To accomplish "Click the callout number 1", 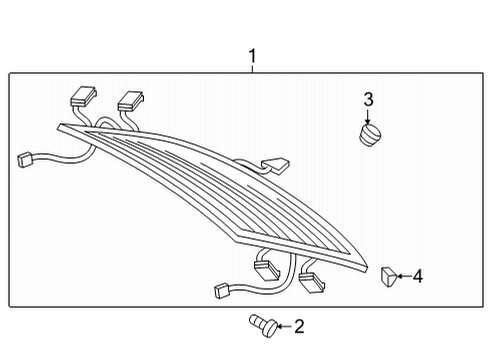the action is (x=252, y=56).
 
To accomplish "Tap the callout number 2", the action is (x=299, y=326).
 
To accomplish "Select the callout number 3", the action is (x=368, y=99).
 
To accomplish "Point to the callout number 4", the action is (x=418, y=276).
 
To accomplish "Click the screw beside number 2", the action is (x=263, y=325).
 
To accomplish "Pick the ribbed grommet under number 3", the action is (x=370, y=135).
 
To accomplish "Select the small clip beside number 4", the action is (x=388, y=276).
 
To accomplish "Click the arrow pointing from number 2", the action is (x=285, y=326).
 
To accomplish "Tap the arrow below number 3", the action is (x=368, y=117).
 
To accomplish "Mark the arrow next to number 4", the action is (x=404, y=276).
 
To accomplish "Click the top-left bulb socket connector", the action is (x=83, y=96).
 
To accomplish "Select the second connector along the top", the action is (x=130, y=101).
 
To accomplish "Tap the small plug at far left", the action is (x=24, y=159).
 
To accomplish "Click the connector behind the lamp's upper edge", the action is (x=275, y=165).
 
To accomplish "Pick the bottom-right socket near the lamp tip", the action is (x=312, y=282).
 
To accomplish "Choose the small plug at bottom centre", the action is (x=222, y=290).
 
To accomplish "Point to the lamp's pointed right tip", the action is (x=367, y=267).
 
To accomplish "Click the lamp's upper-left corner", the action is (x=59, y=127).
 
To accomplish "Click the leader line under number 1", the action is (x=252, y=69).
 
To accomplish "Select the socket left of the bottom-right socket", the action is (x=267, y=269).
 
